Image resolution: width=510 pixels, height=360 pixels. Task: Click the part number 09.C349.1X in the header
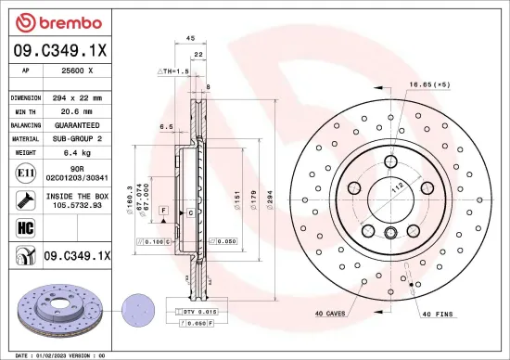click(x=60, y=51)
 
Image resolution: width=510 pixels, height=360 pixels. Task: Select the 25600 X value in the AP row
click(x=77, y=70)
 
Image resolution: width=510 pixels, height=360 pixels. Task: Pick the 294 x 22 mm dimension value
click(x=76, y=97)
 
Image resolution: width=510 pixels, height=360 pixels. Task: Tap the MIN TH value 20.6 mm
click(x=76, y=110)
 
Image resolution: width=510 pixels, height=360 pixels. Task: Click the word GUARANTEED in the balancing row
click(x=77, y=124)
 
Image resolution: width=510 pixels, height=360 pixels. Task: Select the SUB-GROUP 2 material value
click(x=77, y=138)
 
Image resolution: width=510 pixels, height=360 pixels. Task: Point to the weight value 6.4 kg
click(x=76, y=151)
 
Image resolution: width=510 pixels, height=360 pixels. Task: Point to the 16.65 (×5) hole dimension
click(x=429, y=84)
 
